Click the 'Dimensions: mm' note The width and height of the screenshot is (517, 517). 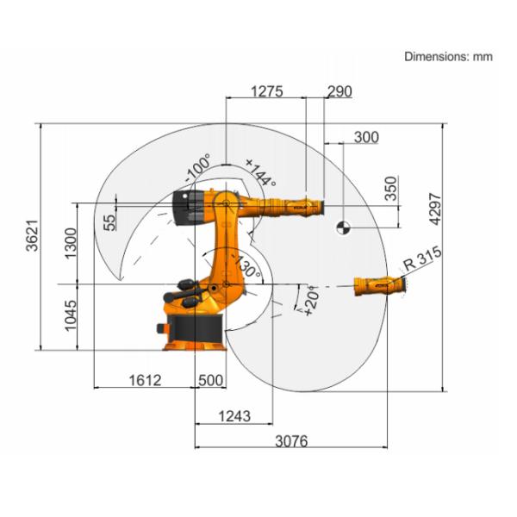(x=448, y=56)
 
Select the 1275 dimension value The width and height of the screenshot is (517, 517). (x=267, y=92)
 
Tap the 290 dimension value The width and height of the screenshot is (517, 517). (x=339, y=92)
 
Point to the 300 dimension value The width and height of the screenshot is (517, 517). (x=366, y=137)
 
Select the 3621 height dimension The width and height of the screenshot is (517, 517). (x=31, y=235)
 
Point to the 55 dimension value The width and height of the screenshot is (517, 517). (x=109, y=221)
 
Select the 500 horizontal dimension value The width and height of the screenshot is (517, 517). (x=210, y=380)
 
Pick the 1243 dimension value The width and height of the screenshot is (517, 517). (x=234, y=416)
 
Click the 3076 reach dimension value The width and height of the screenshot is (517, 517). (x=291, y=441)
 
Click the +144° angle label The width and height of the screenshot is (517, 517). (x=259, y=172)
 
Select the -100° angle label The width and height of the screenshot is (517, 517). (x=197, y=168)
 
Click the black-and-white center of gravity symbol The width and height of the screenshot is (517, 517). (x=343, y=227)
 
